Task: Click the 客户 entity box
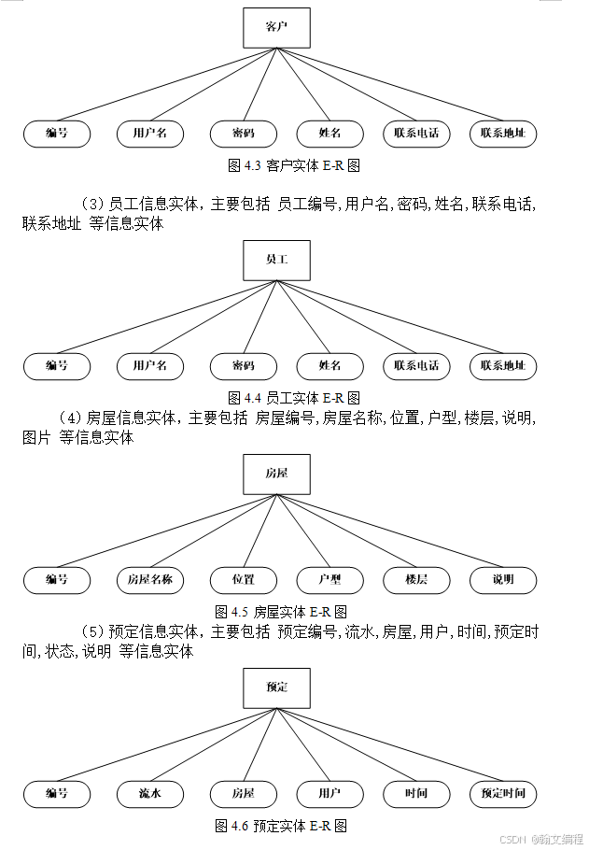(276, 28)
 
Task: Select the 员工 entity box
(276, 261)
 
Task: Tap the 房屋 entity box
(276, 474)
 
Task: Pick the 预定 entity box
(276, 687)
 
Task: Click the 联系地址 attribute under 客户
(503, 134)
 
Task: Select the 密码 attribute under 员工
(244, 366)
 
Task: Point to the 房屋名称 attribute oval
(150, 580)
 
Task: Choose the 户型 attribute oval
(330, 580)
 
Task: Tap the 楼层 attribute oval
(416, 580)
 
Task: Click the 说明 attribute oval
(503, 580)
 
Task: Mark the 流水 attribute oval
(150, 795)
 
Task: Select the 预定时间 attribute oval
(503, 795)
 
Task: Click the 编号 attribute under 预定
(57, 795)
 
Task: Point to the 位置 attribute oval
(244, 580)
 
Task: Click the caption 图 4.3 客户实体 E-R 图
(294, 165)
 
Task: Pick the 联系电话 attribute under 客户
(416, 134)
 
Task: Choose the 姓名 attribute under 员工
(330, 366)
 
